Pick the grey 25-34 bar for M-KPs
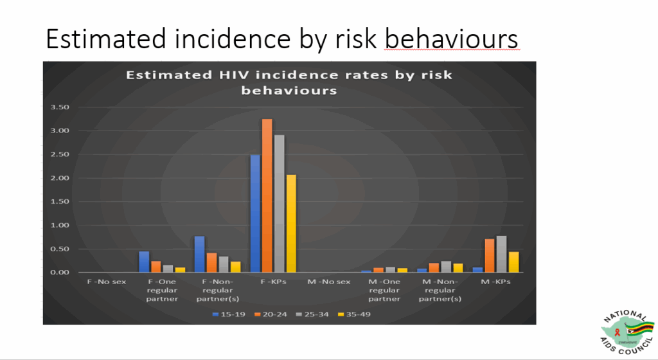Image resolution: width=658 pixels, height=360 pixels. (x=501, y=254)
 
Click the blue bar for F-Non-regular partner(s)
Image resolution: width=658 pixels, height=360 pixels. (x=199, y=254)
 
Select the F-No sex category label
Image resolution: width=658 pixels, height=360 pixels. (x=107, y=282)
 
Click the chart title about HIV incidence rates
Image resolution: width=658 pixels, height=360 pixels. (x=289, y=82)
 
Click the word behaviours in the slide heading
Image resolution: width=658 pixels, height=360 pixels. (x=451, y=40)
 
